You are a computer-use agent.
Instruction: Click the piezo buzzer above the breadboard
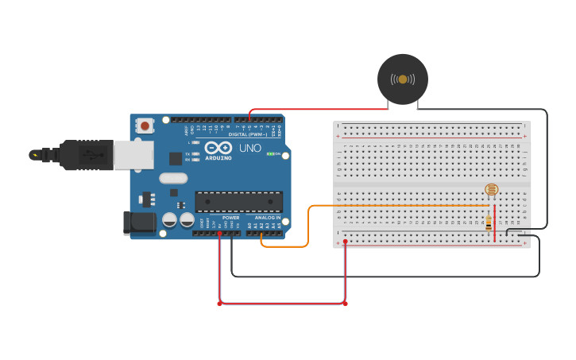pyautogui.click(x=402, y=79)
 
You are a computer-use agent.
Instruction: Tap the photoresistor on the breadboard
pyautogui.click(x=491, y=189)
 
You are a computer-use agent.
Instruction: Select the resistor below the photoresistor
pyautogui.click(x=488, y=223)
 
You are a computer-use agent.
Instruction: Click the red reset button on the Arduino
pyautogui.click(x=145, y=126)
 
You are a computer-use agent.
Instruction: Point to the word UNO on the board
pyautogui.click(x=249, y=148)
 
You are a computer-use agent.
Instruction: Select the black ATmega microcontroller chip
pyautogui.click(x=238, y=202)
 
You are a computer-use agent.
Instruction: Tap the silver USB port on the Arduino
pyautogui.click(x=133, y=155)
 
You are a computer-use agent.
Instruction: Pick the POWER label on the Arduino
pyautogui.click(x=230, y=217)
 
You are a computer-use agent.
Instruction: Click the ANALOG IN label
pyautogui.click(x=268, y=217)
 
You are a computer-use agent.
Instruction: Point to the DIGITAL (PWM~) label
pyautogui.click(x=249, y=134)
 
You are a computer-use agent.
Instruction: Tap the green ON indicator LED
pyautogui.click(x=270, y=153)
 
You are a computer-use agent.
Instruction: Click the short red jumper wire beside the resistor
pyautogui.click(x=494, y=226)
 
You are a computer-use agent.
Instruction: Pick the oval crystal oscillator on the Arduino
pyautogui.click(x=172, y=179)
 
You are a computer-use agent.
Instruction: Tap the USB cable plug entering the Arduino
pyautogui.click(x=87, y=155)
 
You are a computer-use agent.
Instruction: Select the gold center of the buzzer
pyautogui.click(x=402, y=79)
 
